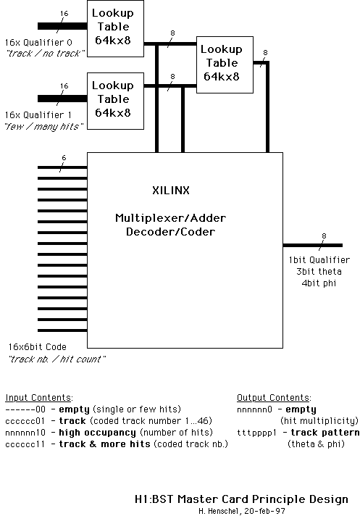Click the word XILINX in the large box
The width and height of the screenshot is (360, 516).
tap(170, 191)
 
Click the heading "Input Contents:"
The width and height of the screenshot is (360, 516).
tap(38, 398)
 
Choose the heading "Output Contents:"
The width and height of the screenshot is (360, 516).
tap(274, 398)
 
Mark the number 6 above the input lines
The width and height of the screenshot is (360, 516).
tap(64, 157)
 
